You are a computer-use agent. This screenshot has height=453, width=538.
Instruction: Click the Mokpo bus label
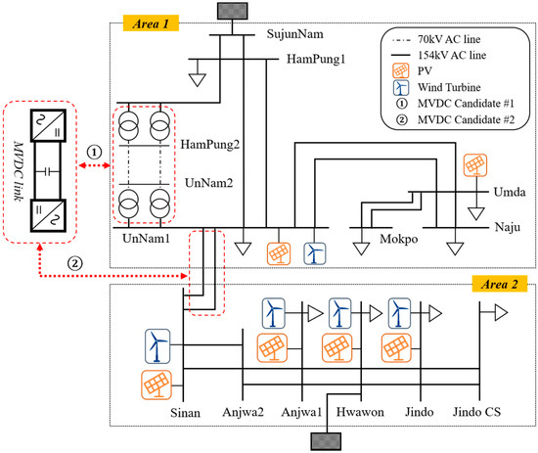click(400, 237)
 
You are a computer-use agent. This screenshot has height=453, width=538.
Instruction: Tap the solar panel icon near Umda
click(476, 165)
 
